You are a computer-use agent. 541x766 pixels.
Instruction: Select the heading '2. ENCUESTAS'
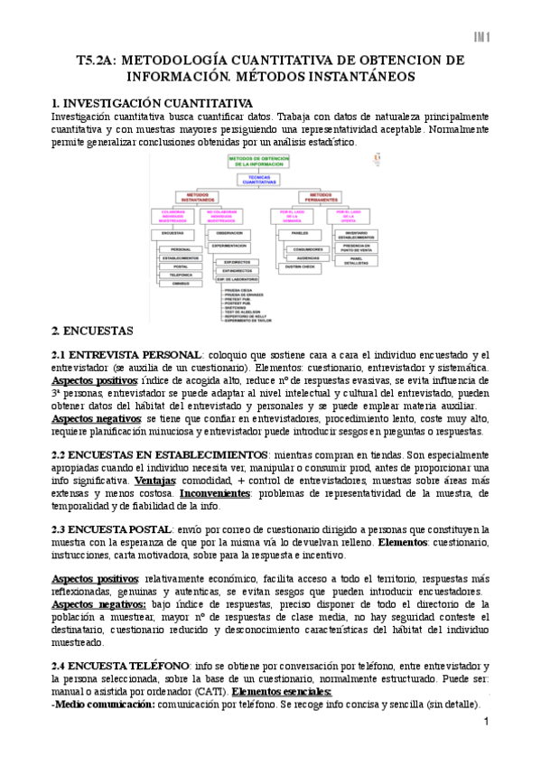(x=92, y=331)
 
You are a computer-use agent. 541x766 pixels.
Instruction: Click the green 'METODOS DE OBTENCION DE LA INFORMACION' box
(x=259, y=161)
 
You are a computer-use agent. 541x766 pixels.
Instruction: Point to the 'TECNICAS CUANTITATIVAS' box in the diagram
(x=259, y=179)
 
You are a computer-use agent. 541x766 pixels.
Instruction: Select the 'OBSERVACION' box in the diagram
(x=229, y=232)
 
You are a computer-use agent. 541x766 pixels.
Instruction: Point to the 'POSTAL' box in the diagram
(x=180, y=266)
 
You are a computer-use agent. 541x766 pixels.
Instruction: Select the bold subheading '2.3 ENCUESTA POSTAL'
(x=112, y=528)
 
